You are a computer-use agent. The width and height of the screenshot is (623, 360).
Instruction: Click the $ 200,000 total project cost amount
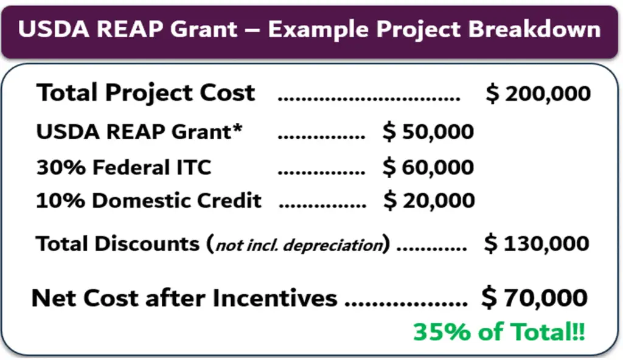coord(538,94)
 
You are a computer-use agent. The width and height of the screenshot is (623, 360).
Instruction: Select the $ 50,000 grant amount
coord(428,131)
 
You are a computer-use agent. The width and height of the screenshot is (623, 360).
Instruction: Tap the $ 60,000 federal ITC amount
coord(428,167)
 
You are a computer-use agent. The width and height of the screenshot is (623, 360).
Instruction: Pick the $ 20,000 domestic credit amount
coord(429,200)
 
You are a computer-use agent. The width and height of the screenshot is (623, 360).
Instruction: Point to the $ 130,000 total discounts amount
coord(537,243)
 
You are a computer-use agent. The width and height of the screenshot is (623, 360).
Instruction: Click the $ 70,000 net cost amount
coord(534,297)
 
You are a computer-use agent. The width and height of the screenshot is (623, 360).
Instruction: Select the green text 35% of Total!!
coord(499,331)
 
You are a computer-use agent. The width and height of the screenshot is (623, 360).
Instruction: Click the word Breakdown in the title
coord(534,29)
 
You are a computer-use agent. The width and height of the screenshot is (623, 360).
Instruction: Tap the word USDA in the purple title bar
coord(54,29)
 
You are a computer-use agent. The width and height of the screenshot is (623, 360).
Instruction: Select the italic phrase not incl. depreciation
coord(299,245)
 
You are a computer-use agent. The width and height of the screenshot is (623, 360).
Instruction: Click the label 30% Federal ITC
coord(124,167)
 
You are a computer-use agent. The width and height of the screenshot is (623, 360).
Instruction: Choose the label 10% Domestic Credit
coord(148,200)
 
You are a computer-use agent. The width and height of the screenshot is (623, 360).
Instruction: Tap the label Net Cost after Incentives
coord(184,298)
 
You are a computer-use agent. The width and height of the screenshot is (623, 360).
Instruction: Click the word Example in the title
coord(318,30)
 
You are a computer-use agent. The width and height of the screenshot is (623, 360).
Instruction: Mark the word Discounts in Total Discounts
coord(147,243)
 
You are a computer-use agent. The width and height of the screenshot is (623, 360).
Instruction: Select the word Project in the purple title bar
coord(419,30)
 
